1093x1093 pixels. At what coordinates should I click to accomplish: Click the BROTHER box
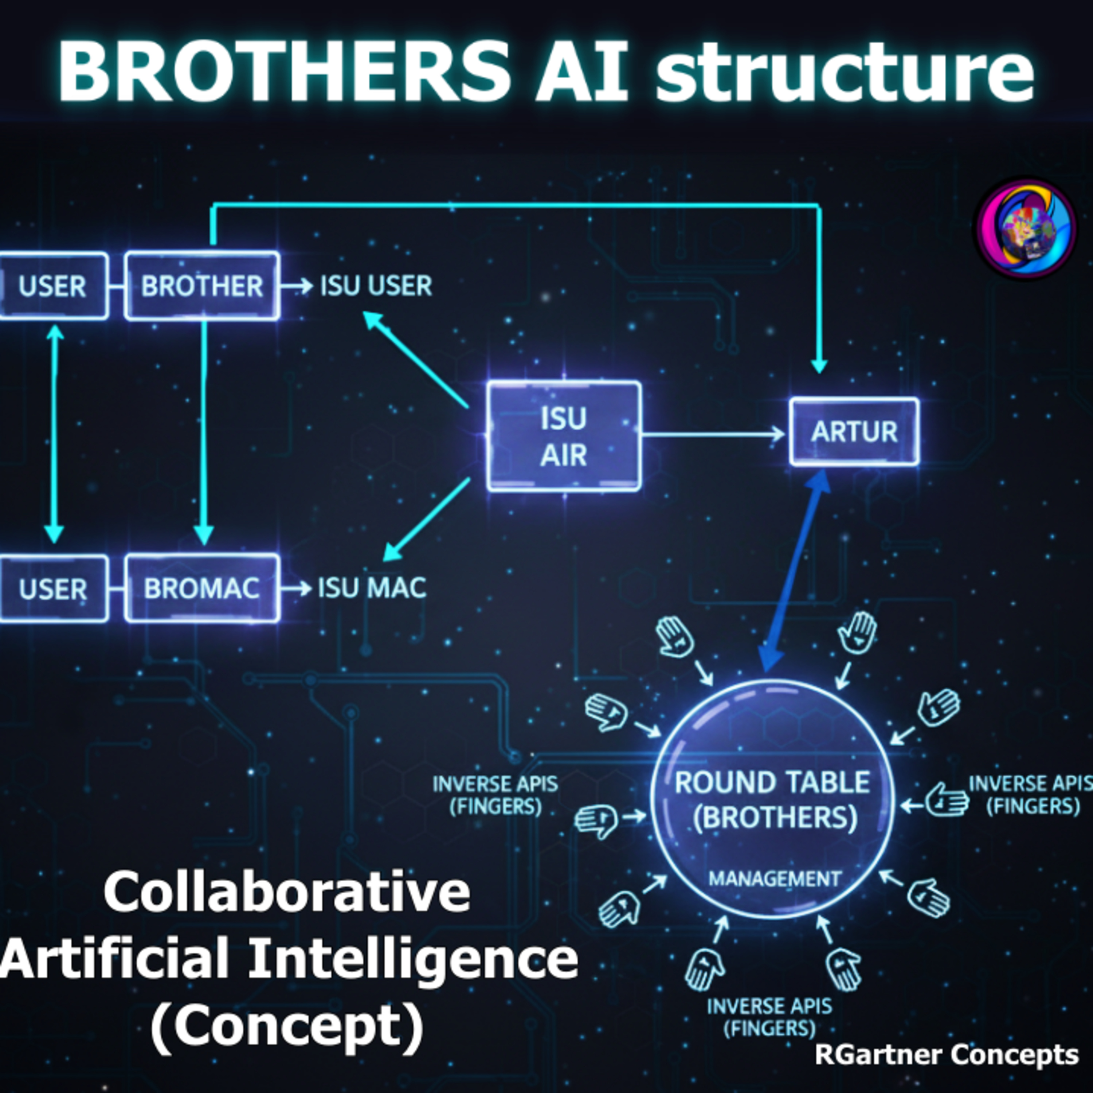202,286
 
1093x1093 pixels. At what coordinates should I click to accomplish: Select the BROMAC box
202,588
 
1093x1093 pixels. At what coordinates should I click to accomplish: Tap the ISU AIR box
564,436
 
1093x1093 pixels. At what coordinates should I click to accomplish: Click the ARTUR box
854,432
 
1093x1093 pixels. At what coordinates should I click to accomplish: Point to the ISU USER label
376,286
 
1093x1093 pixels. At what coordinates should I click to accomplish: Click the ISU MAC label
372,588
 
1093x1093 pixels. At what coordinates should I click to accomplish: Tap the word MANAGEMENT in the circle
775,878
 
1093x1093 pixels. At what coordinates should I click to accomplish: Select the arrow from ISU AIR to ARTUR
713,435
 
